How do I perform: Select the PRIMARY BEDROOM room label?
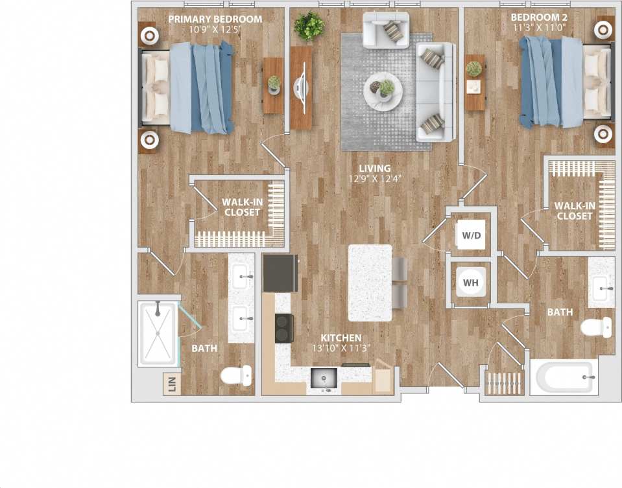(215, 19)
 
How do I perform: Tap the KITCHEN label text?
(341, 338)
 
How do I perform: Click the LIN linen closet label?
(172, 385)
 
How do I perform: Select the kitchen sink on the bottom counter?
(323, 378)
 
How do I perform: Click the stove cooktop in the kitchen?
(283, 328)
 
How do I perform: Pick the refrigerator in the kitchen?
(280, 273)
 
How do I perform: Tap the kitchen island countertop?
(370, 283)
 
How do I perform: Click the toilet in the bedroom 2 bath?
(596, 327)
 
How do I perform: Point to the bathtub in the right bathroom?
(562, 377)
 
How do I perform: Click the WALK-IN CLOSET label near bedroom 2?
(574, 211)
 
